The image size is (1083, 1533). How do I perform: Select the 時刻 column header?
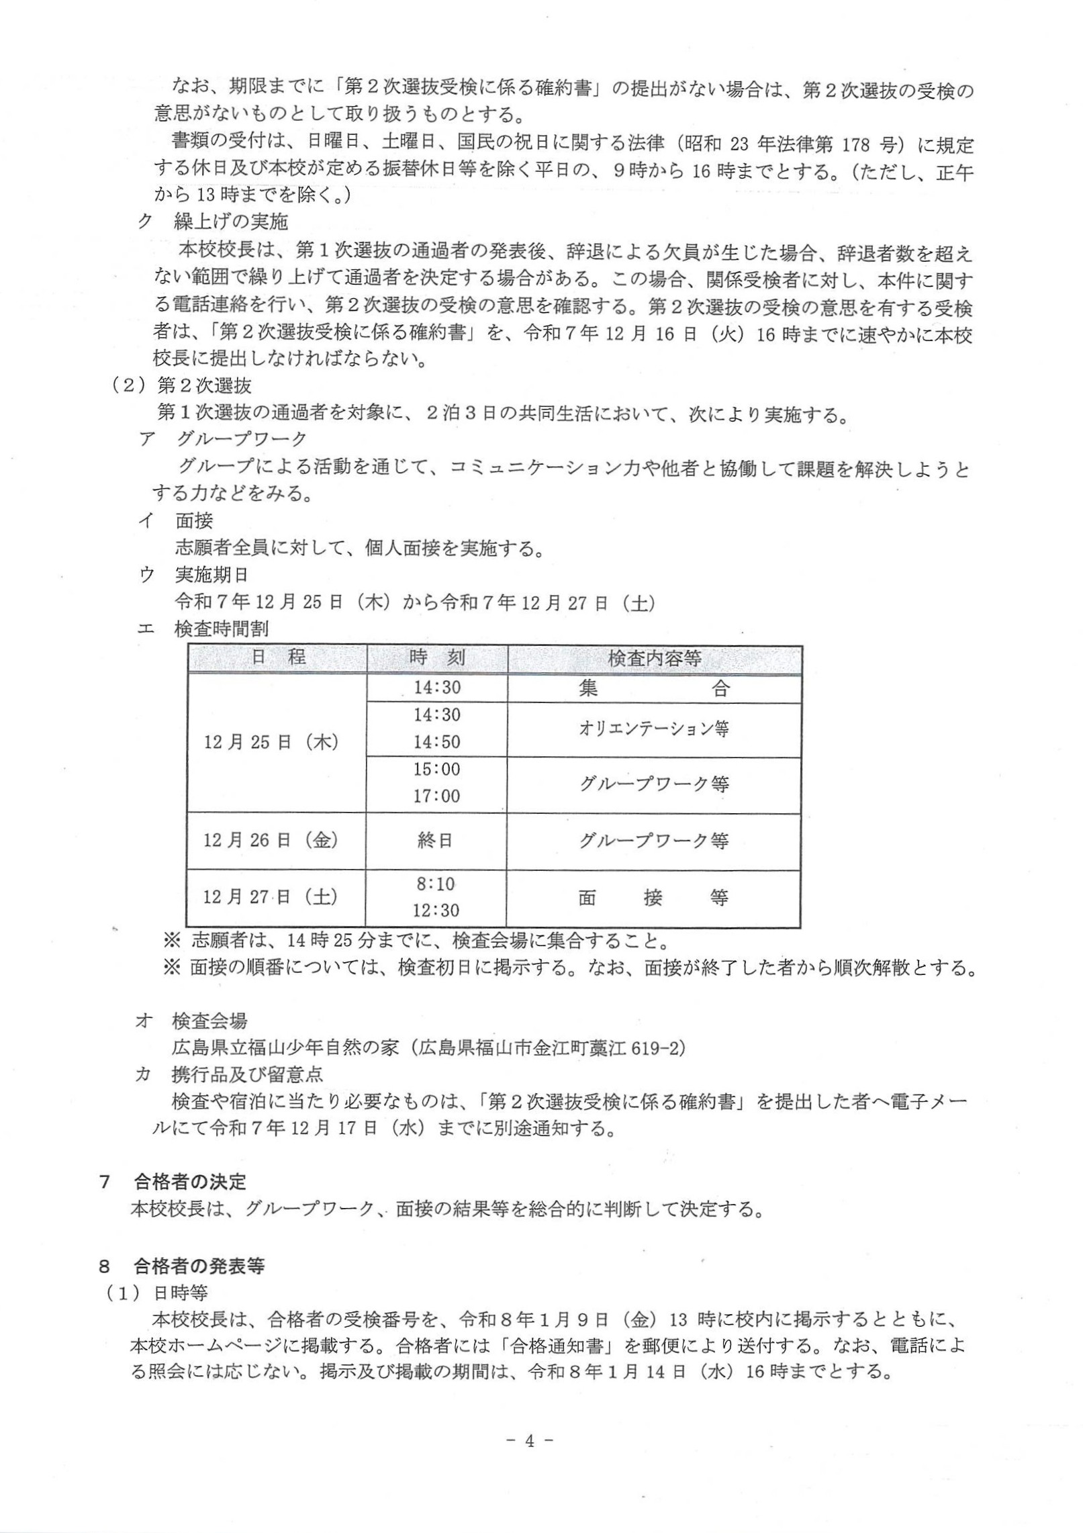tap(436, 657)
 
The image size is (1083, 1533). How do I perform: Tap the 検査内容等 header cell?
tap(654, 658)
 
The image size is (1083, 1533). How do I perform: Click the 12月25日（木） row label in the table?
tap(271, 743)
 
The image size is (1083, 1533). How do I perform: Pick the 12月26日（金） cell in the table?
tap(271, 840)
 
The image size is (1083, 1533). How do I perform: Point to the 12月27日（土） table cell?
tap(271, 897)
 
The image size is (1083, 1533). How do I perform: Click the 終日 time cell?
tap(436, 840)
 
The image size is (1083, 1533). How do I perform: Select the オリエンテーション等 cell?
tap(653, 729)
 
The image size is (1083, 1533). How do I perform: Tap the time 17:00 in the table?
tap(436, 796)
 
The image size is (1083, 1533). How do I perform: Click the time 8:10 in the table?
tap(436, 884)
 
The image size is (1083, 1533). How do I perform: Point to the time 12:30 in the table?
tap(436, 911)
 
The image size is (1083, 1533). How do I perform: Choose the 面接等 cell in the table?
tap(653, 898)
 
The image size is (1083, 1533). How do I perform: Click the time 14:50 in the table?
tap(436, 742)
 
